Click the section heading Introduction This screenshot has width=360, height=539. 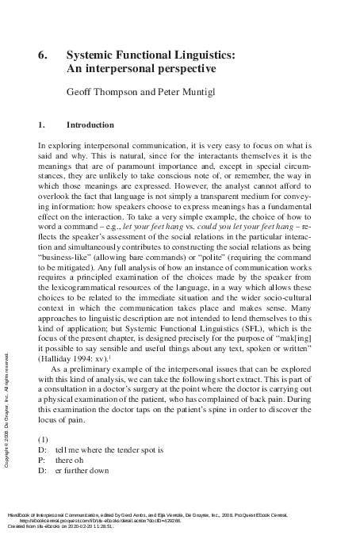[x=90, y=124]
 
